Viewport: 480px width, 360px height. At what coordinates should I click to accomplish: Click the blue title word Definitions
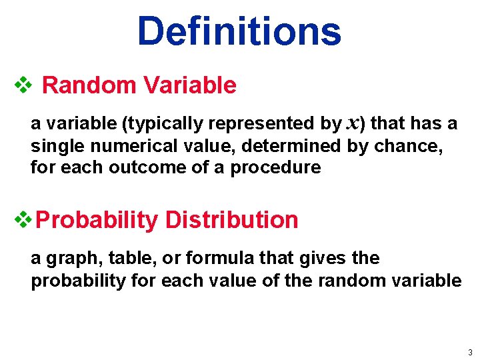pyautogui.click(x=239, y=31)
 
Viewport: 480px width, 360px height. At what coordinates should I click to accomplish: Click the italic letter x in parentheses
pyautogui.click(x=354, y=124)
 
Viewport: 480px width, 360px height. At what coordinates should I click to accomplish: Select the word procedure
pyautogui.click(x=275, y=167)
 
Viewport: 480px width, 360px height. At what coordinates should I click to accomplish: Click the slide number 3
pyautogui.click(x=470, y=352)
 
